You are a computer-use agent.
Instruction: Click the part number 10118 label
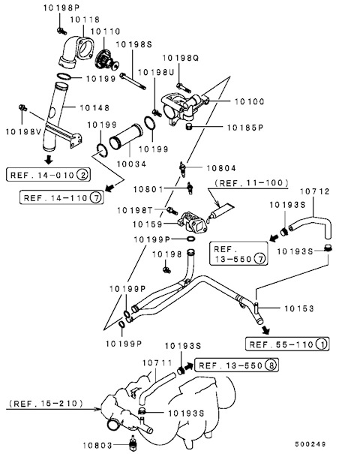coord(85,20)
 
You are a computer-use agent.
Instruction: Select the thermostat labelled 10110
coord(106,61)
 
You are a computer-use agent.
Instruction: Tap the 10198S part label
coord(133,44)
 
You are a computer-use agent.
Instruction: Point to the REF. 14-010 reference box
coord(48,175)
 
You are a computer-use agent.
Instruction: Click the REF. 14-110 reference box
coord(61,197)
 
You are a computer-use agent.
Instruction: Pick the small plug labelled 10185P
coord(189,127)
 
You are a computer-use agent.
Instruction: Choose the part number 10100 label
coord(250,101)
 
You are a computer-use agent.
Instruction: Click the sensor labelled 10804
coord(182,170)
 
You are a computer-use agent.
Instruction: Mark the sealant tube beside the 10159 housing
coord(220,213)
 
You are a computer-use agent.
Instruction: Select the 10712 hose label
coord(315,191)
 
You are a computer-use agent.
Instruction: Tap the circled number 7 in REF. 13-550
coord(259,258)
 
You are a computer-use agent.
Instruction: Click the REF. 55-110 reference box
coord(287,344)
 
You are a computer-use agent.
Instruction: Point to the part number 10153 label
coord(299,308)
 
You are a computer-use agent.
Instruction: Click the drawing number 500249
coord(310,443)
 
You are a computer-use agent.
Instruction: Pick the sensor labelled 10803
coord(133,442)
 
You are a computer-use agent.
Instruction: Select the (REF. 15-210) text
coord(46,403)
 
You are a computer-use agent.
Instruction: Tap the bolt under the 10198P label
coord(61,31)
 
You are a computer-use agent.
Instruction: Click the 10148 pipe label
coord(94,108)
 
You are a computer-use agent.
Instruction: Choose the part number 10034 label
coord(132,164)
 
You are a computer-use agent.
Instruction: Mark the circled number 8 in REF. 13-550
coord(271,365)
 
